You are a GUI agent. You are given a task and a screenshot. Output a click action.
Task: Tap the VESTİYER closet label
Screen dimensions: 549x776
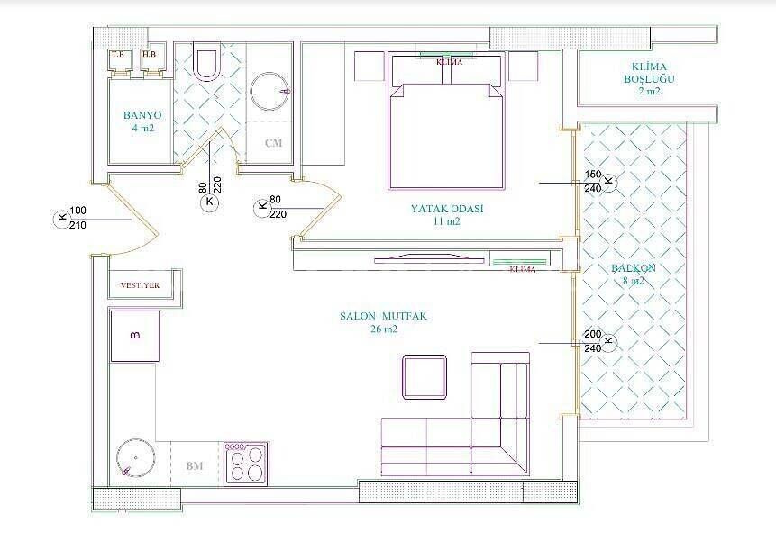(139, 285)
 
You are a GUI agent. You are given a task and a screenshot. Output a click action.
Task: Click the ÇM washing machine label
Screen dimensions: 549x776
(272, 144)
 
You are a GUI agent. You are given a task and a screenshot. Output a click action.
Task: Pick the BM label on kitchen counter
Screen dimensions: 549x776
(194, 465)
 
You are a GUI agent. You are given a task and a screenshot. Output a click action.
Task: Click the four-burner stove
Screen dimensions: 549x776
(246, 463)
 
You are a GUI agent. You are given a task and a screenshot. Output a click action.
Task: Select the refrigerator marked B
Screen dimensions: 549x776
(135, 336)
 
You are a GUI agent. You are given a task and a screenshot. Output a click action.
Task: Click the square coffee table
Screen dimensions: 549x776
(425, 376)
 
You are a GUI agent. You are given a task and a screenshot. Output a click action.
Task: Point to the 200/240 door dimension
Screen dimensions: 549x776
(592, 341)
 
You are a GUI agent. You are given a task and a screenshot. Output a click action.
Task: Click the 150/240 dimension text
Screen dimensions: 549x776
(592, 182)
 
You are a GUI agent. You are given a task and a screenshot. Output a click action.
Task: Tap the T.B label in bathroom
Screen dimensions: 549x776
(118, 55)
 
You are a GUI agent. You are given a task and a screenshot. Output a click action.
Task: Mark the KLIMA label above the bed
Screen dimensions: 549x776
(449, 62)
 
